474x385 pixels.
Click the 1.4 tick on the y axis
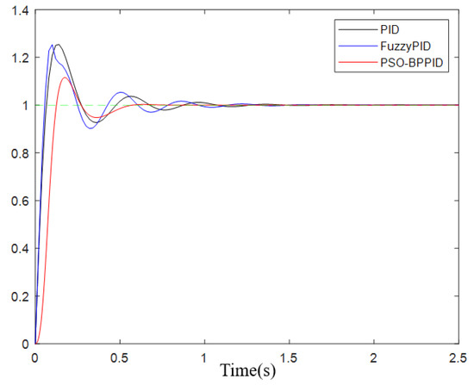tap(17, 9)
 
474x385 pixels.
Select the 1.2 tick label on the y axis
tap(17, 58)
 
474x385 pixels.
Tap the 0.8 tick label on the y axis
tap(17, 153)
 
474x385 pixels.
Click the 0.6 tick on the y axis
tap(17, 201)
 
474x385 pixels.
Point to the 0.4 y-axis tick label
tap(17, 248)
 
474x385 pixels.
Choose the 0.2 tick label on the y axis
tap(17, 296)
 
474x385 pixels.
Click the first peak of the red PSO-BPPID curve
tap(65, 78)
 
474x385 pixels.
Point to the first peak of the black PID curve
tap(57, 45)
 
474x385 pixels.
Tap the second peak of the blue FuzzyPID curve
tap(121, 92)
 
